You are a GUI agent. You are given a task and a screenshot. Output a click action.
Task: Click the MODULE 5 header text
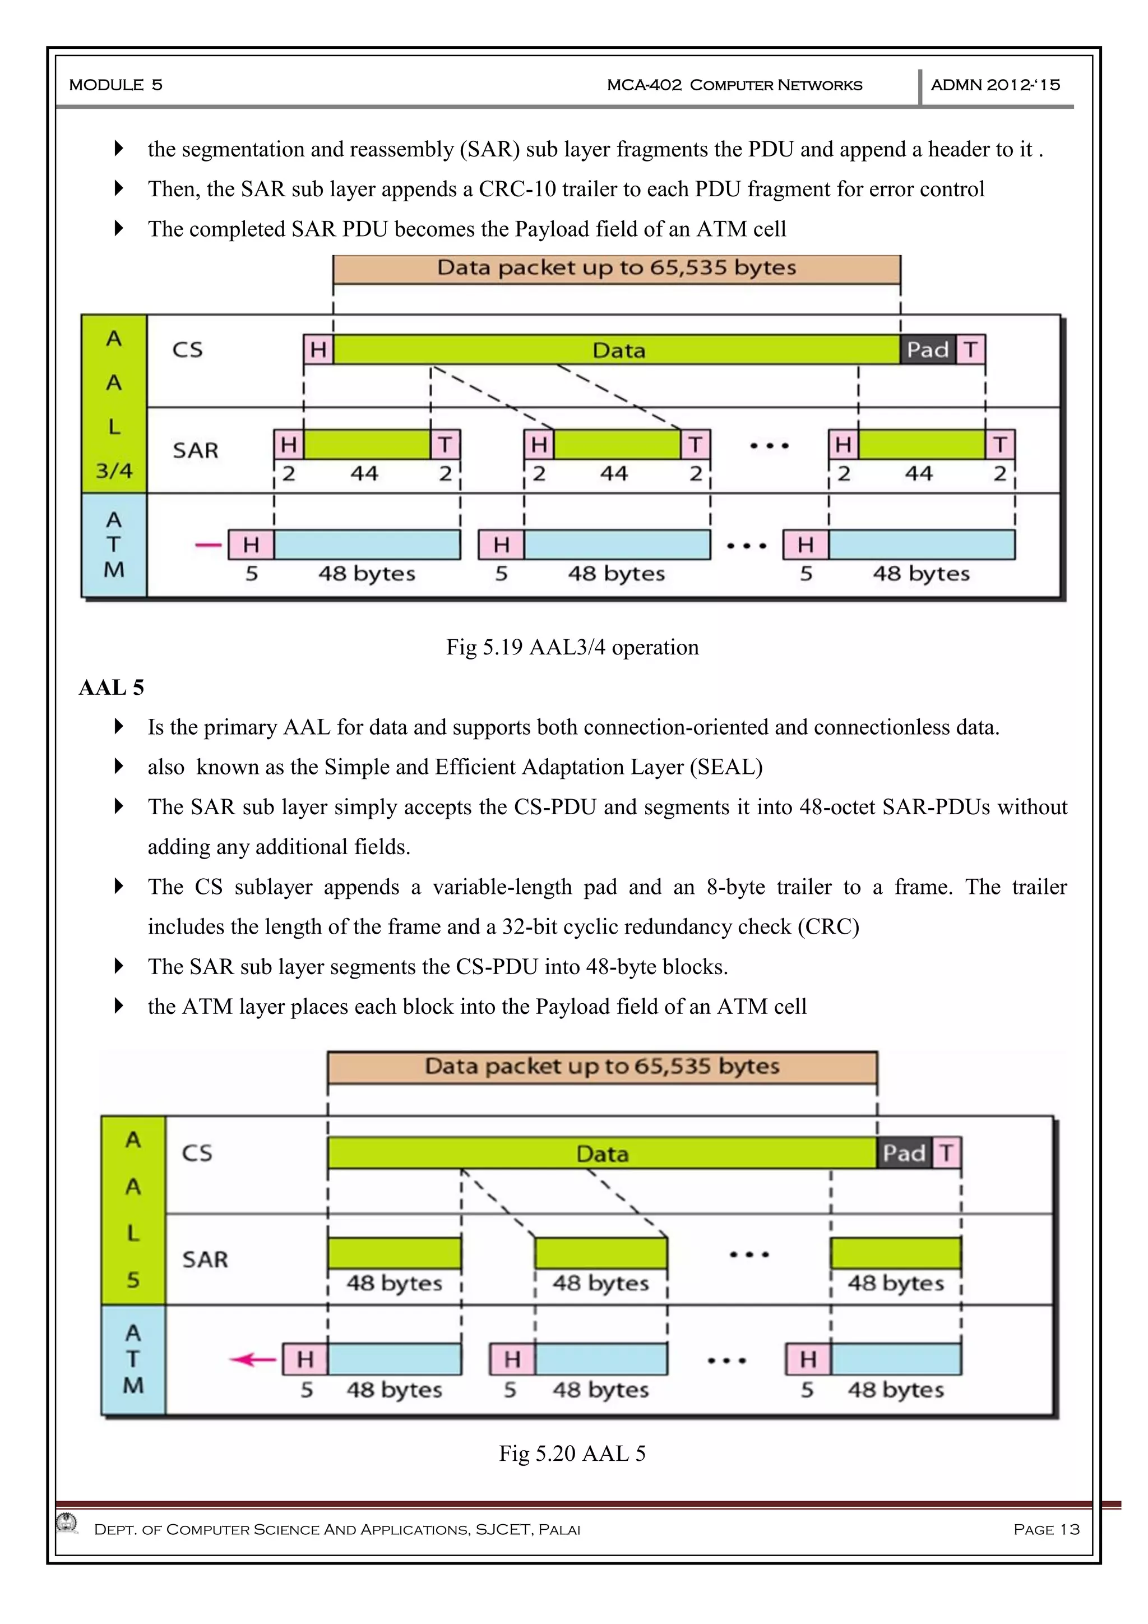[x=116, y=85]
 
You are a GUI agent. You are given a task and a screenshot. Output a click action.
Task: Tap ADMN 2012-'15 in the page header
[x=996, y=85]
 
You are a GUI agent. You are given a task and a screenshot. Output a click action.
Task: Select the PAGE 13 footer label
[x=1046, y=1529]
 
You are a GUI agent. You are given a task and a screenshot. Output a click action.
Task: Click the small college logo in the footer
[x=67, y=1522]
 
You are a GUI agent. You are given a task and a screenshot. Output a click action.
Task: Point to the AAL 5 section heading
[x=112, y=688]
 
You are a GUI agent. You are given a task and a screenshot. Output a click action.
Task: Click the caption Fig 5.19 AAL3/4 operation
[x=572, y=647]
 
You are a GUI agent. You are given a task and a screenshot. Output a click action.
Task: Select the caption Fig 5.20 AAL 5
[x=572, y=1454]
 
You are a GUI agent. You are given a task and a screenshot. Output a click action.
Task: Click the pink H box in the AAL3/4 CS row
[x=318, y=349]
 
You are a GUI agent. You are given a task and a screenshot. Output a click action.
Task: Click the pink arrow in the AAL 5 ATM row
[x=253, y=1359]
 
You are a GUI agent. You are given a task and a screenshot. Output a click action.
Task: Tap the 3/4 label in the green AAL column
[x=114, y=470]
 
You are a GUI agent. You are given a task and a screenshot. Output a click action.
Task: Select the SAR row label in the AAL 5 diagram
[x=205, y=1259]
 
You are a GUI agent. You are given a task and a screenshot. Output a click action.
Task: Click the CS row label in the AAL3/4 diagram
[x=187, y=349]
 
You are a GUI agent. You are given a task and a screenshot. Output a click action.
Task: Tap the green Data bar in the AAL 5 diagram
[x=601, y=1153]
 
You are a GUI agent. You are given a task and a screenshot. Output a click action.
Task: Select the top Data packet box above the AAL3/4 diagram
[x=617, y=269]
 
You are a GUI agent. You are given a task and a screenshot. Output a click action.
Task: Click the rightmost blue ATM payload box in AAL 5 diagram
[x=896, y=1359]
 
